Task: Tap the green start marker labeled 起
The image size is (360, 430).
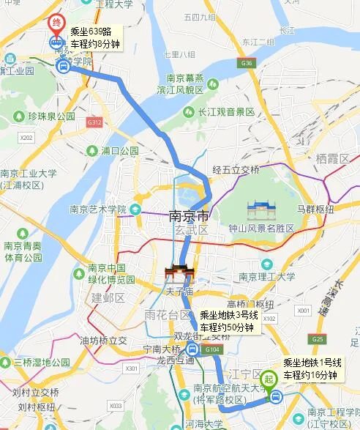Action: pyautogui.click(x=269, y=379)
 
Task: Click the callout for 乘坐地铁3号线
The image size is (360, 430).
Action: pyautogui.click(x=227, y=322)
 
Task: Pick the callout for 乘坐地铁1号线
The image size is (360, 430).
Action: pyautogui.click(x=312, y=368)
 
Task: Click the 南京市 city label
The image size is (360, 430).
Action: pyautogui.click(x=189, y=217)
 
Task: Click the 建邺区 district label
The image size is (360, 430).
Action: pyautogui.click(x=108, y=297)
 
